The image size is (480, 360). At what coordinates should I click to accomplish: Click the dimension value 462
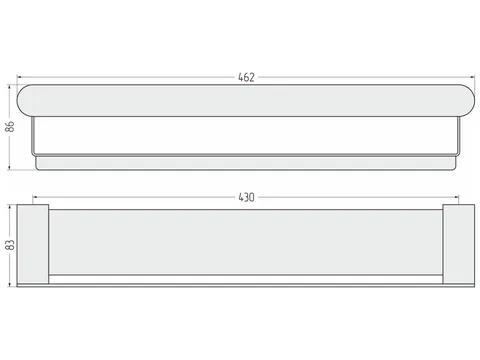pyautogui.click(x=246, y=77)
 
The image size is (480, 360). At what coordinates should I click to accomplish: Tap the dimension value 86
pyautogui.click(x=10, y=127)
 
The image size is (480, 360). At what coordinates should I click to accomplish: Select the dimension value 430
pyautogui.click(x=246, y=197)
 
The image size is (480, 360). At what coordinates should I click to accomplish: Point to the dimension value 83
pyautogui.click(x=10, y=245)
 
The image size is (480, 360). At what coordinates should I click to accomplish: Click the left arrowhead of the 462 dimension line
pyautogui.click(x=19, y=77)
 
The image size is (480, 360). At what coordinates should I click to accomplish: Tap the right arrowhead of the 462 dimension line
pyautogui.click(x=472, y=77)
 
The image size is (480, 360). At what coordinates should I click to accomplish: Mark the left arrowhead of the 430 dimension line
pyautogui.click(x=35, y=197)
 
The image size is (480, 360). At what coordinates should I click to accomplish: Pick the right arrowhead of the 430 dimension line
pyautogui.click(x=456, y=197)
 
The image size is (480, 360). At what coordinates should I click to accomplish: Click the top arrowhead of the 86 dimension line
pyautogui.click(x=10, y=87)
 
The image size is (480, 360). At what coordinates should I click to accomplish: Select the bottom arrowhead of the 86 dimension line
pyautogui.click(x=10, y=167)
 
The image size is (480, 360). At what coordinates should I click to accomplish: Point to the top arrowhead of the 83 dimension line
pyautogui.click(x=10, y=207)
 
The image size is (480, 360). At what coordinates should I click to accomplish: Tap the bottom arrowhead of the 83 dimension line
pyautogui.click(x=10, y=284)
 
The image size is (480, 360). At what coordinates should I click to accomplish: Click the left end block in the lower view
pyautogui.click(x=33, y=244)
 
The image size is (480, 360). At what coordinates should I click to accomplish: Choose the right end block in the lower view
pyautogui.click(x=459, y=244)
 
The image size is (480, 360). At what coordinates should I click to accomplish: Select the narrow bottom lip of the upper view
pyautogui.click(x=246, y=163)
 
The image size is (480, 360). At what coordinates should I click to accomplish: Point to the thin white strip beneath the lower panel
pyautogui.click(x=246, y=279)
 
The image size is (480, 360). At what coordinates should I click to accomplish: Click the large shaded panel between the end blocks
pyautogui.click(x=246, y=242)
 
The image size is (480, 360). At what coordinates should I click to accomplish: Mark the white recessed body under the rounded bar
pyautogui.click(x=246, y=136)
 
